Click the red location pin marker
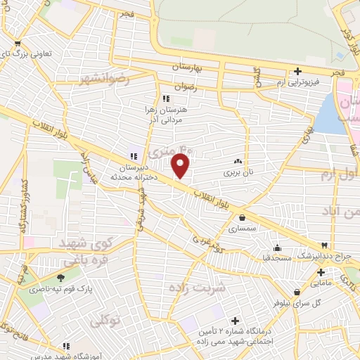(x=181, y=167)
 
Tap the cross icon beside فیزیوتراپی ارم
(x=298, y=71)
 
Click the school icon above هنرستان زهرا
(x=166, y=99)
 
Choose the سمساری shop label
(x=243, y=229)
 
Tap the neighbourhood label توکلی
(x=106, y=321)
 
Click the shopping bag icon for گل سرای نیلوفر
(x=298, y=292)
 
